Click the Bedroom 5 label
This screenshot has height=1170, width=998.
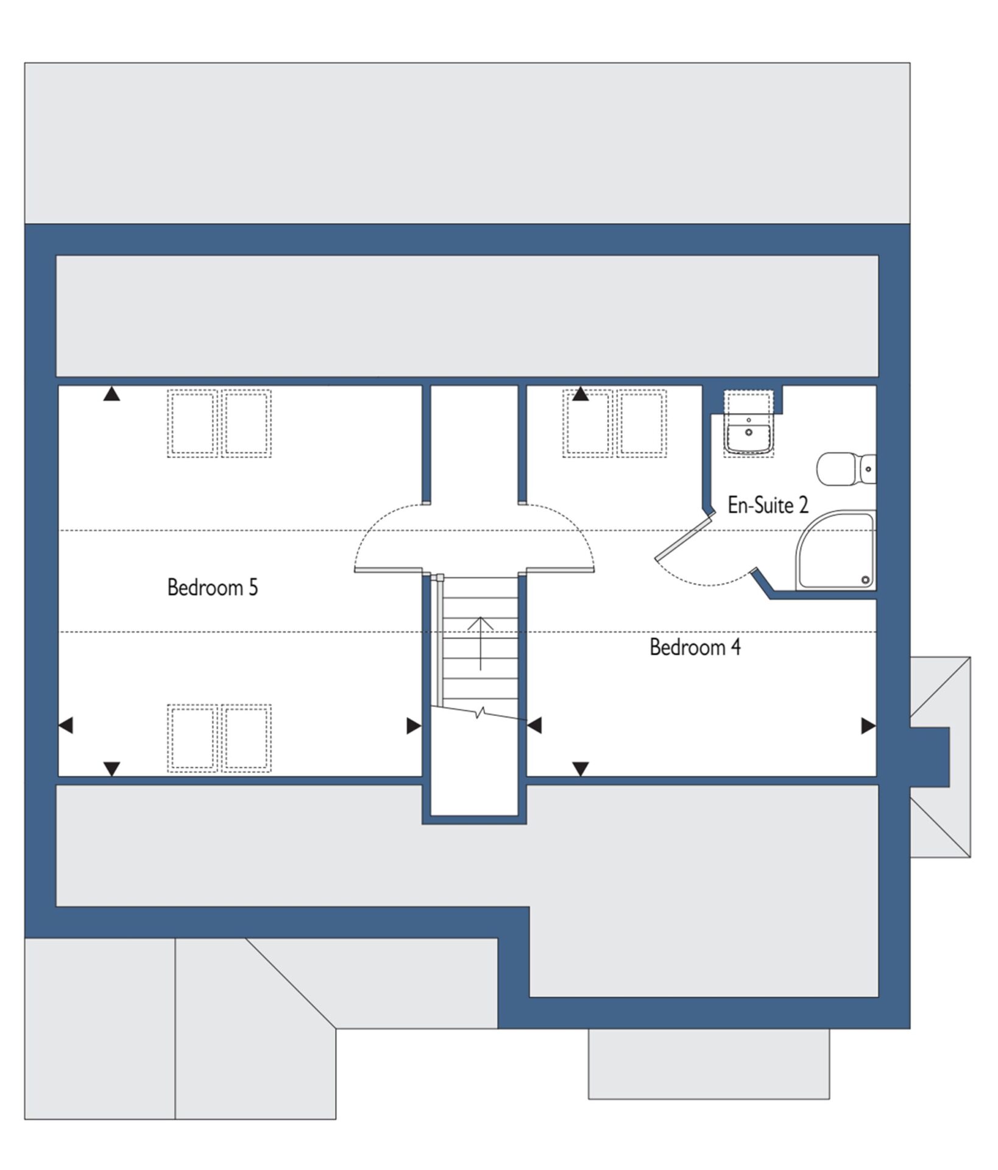[x=213, y=587]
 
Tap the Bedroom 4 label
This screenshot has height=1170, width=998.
[x=695, y=647]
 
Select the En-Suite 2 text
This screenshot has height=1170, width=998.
[x=768, y=505]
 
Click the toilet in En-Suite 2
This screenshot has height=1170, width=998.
[x=846, y=469]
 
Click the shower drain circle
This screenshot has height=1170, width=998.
[x=865, y=581]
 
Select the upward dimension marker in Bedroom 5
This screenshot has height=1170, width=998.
[x=111, y=394]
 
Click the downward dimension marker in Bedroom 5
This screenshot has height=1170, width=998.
[x=111, y=769]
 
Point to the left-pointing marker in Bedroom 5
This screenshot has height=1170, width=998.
[x=66, y=725]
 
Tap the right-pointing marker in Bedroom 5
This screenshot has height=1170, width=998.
[x=414, y=725]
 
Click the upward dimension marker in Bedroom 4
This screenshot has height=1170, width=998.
[x=581, y=394]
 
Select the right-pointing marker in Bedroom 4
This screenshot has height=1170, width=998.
[x=868, y=725]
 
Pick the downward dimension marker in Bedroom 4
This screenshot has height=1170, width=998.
[x=581, y=769]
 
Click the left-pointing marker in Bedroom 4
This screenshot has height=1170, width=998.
[x=534, y=725]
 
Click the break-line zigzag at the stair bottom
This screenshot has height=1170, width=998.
[x=481, y=712]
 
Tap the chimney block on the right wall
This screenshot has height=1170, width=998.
[x=930, y=756]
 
